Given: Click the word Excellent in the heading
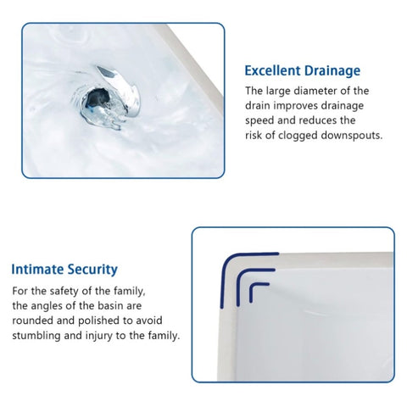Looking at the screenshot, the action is point(272,70).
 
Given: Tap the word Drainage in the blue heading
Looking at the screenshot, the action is point(332,71).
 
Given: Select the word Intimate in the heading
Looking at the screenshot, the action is point(37,269).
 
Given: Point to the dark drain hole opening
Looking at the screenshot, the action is point(97,98).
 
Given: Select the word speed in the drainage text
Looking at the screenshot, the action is point(259,120).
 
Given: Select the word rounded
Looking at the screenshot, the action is point(32,321).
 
